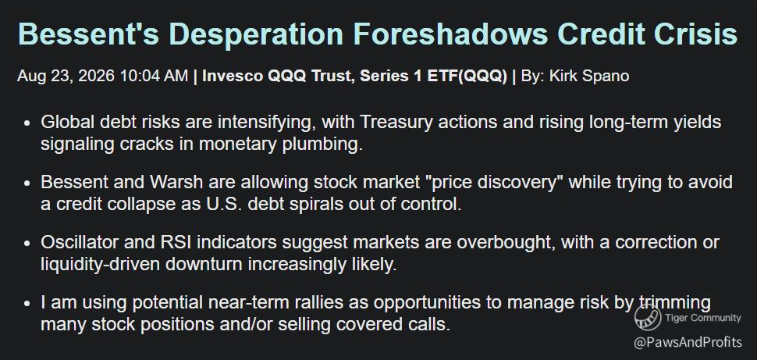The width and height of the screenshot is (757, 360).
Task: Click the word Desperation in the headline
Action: [x=256, y=34]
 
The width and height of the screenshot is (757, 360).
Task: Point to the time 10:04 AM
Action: [x=154, y=77]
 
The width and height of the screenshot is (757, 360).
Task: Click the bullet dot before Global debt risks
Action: [x=27, y=123]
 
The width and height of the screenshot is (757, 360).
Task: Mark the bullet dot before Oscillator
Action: [x=27, y=243]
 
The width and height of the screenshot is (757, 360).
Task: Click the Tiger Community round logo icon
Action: [x=648, y=317]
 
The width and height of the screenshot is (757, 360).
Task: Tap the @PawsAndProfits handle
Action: [x=688, y=343]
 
